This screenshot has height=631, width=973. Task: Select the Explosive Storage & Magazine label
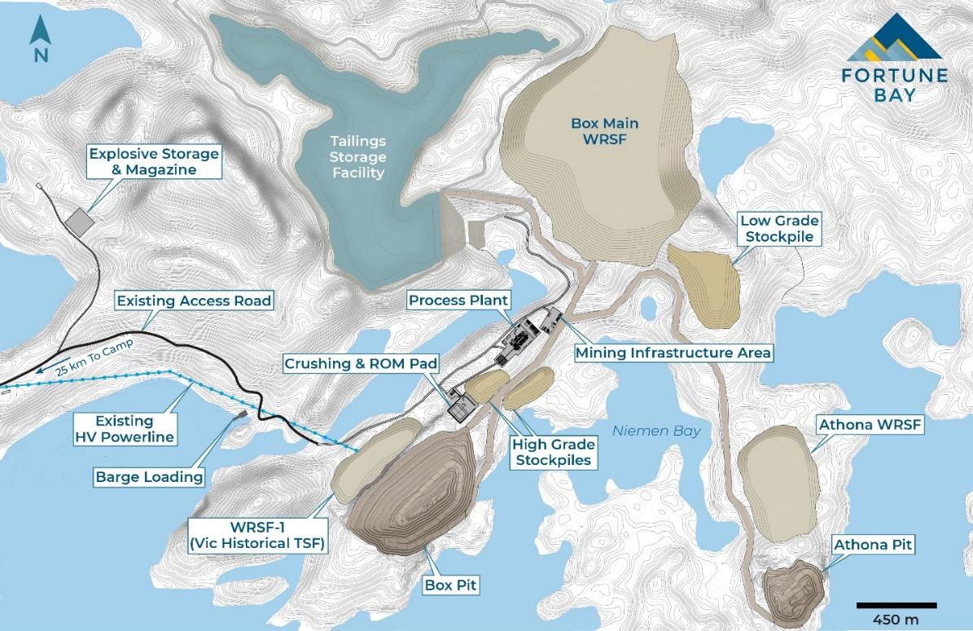[154, 161]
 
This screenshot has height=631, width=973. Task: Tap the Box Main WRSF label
[604, 131]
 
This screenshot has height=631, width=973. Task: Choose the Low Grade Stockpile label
[778, 229]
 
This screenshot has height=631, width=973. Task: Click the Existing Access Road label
[193, 301]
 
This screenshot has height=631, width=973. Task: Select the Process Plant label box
[458, 300]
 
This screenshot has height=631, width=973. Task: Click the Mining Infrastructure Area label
[673, 353]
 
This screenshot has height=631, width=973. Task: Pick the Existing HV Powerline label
[124, 430]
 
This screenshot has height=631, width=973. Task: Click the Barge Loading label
[148, 477]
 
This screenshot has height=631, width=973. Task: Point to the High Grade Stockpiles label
[553, 453]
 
